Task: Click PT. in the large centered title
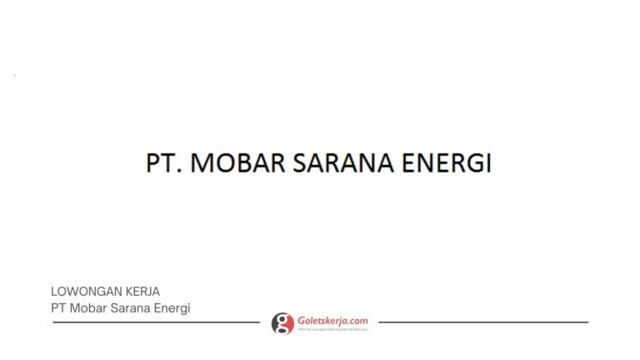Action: pos(164,162)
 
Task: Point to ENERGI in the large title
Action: pos(446,162)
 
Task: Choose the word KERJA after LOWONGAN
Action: pos(142,292)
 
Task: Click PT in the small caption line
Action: pos(58,308)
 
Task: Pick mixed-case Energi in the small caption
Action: pos(172,308)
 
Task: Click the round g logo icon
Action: pos(282,323)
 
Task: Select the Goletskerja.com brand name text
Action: pos(332,320)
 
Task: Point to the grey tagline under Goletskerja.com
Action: pos(332,329)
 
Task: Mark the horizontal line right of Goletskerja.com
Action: pos(483,322)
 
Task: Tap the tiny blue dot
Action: pos(14,75)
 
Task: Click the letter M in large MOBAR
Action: pos(202,162)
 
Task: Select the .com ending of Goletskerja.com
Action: pos(357,320)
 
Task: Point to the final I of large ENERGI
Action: pos(488,162)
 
